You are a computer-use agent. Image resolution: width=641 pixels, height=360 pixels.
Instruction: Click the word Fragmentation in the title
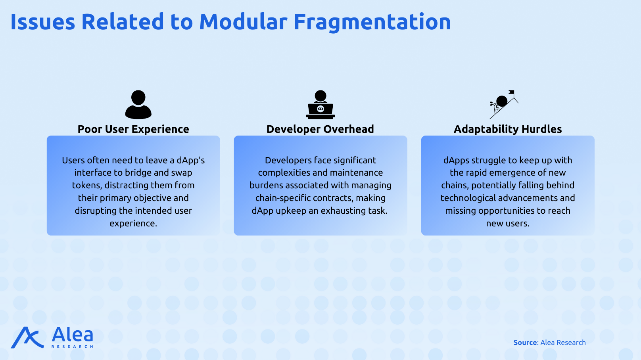[x=372, y=22]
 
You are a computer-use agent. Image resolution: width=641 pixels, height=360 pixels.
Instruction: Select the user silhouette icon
[x=138, y=105]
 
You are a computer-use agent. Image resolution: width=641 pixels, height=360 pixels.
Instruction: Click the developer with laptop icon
[x=320, y=105]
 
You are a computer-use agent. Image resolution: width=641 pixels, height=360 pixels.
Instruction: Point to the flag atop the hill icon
[x=511, y=92]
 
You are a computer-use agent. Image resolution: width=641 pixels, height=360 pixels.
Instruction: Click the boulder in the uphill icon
[x=502, y=101]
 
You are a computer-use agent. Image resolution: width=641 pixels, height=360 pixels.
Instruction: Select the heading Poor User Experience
[x=133, y=129]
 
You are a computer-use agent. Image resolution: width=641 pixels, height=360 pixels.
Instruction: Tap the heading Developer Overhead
[x=320, y=129]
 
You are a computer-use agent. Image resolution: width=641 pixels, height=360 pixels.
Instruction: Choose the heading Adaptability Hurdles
[x=508, y=129]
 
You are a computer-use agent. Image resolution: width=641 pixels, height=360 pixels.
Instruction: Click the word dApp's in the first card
[x=190, y=161]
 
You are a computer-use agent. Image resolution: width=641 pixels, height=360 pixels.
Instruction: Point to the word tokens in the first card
[x=87, y=186]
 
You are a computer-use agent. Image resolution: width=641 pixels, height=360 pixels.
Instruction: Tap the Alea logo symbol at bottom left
[x=27, y=337]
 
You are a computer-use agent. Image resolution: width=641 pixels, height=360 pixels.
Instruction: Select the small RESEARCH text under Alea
[x=72, y=347]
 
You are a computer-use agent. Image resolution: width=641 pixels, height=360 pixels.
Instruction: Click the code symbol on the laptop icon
[x=320, y=109]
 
